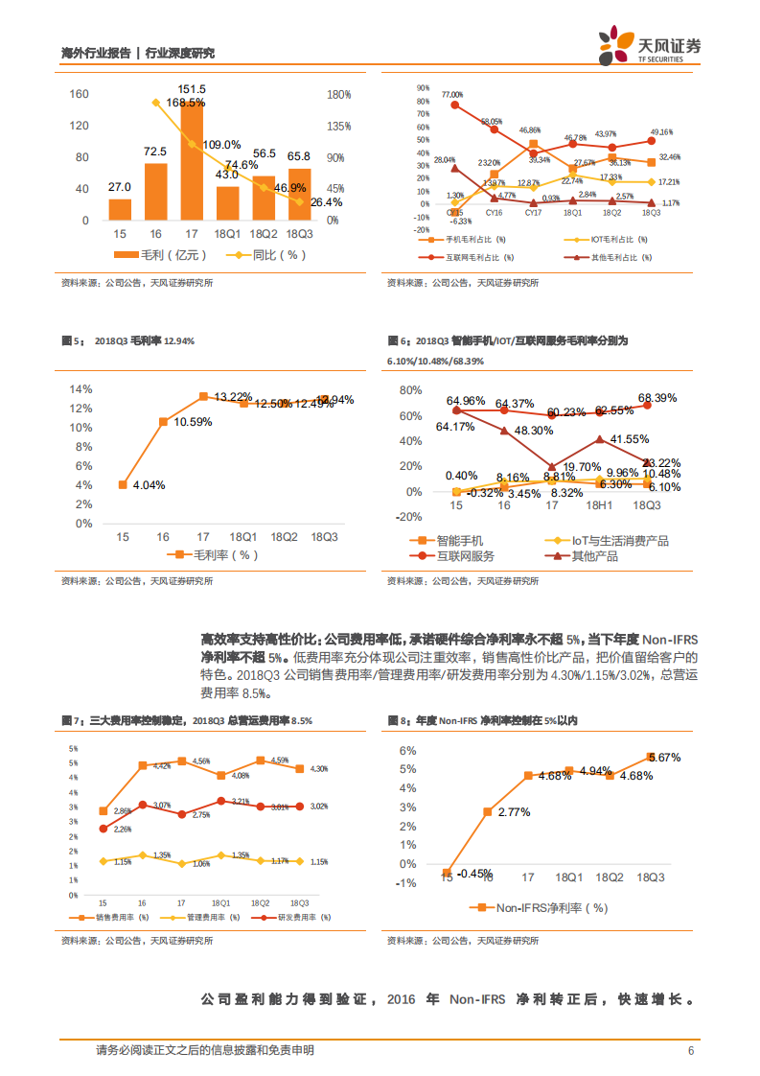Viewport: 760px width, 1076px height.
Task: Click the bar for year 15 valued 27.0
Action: click(120, 209)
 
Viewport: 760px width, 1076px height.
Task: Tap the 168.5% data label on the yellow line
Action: click(185, 103)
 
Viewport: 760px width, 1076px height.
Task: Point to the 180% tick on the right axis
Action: click(339, 95)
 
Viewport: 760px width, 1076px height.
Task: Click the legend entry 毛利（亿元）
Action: click(162, 255)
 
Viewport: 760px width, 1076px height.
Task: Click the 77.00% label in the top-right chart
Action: click(452, 95)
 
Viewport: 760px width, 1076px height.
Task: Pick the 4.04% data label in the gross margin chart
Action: click(148, 485)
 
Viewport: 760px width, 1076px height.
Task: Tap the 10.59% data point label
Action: click(193, 423)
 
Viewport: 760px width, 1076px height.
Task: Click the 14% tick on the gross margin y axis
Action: click(82, 388)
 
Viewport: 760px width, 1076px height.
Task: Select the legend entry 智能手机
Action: click(458, 541)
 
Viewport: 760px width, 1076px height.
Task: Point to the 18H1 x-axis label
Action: click(600, 504)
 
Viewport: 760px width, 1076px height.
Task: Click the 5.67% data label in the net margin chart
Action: click(663, 758)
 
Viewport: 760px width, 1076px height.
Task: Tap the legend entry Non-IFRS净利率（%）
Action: click(542, 907)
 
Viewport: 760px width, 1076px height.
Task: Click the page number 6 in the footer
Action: click(691, 1050)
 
